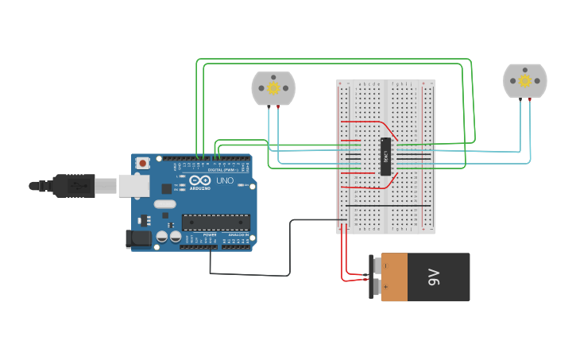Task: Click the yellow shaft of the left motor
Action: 273,87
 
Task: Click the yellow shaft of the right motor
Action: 525,80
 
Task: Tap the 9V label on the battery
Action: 434,277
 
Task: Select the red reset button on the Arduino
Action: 142,163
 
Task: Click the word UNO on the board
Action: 225,180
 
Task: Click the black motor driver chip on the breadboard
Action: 385,156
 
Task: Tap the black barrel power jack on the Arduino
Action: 139,238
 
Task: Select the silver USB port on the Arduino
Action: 133,185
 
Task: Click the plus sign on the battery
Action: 386,286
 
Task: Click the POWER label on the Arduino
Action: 210,235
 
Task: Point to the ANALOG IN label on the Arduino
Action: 238,235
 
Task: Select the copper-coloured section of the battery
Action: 394,277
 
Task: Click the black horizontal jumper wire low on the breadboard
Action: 389,206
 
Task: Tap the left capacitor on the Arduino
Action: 162,236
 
